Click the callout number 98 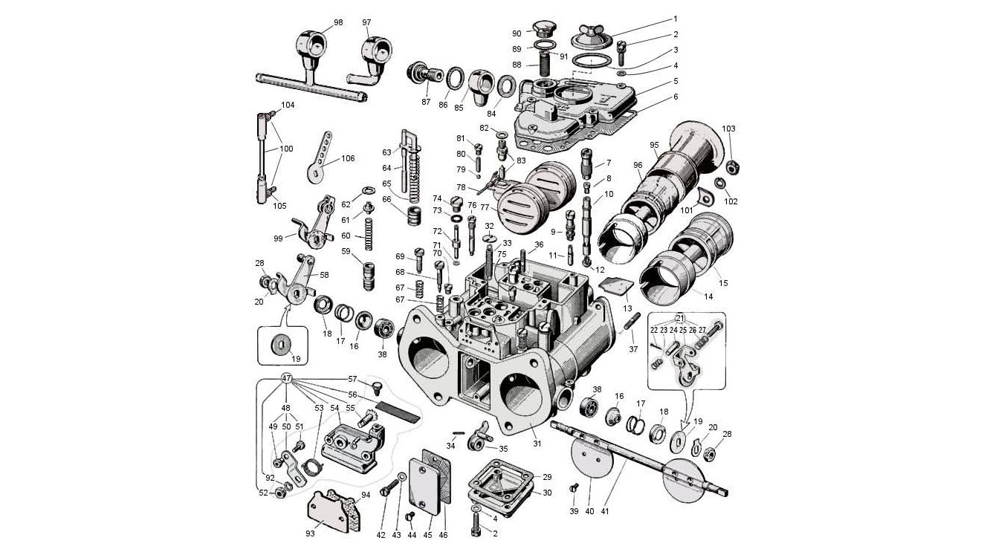click(338, 22)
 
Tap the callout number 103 click(728, 129)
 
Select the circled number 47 click(287, 378)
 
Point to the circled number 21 click(680, 318)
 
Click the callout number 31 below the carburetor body click(537, 444)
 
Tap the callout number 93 click(310, 533)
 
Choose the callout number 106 click(347, 158)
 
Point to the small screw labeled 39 click(573, 489)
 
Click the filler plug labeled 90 click(543, 30)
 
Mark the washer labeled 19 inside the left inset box click(281, 345)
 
